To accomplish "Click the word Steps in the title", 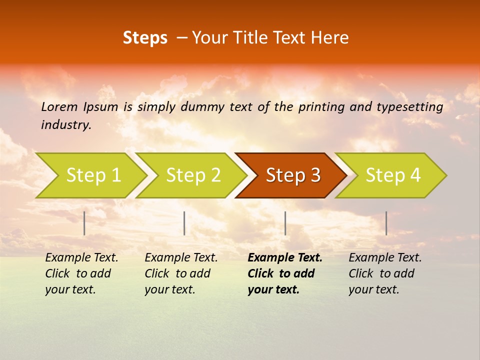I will click(145, 38).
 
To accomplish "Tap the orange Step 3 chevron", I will click(293, 175).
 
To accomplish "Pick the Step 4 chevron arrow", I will click(393, 175).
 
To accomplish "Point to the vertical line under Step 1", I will click(84, 223).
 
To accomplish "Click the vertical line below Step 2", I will click(184, 223).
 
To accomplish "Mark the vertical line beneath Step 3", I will click(285, 223).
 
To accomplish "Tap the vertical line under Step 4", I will click(386, 223).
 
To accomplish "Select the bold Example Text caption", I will click(284, 273).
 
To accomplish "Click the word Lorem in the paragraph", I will click(59, 107).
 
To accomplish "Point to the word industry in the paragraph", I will click(66, 125).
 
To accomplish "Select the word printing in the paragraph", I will click(321, 107).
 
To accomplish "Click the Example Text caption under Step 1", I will click(81, 273).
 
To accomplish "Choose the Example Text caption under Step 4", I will click(385, 273).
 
